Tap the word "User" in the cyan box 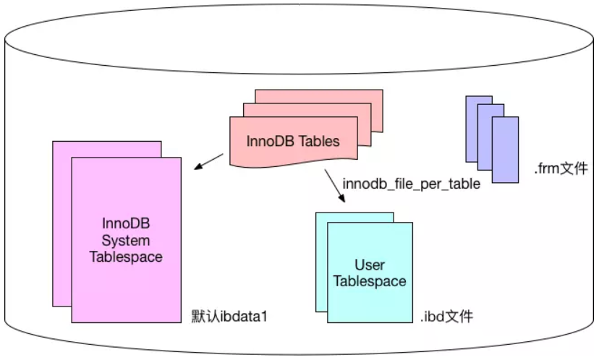tap(370, 265)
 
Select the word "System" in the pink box tap(126, 240)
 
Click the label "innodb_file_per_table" tap(412, 184)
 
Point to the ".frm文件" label tap(561, 171)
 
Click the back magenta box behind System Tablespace tap(61, 217)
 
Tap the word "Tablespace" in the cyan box tap(370, 281)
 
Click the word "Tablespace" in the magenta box tap(126, 256)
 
